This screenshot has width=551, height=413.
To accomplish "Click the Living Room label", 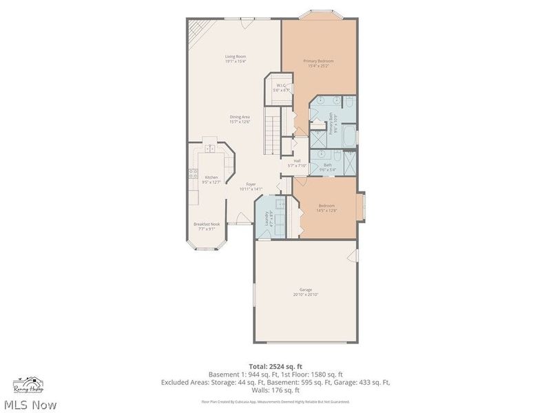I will [236, 56].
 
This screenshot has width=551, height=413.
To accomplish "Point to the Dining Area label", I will [240, 117].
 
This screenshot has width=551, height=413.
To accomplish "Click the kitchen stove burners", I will [191, 173].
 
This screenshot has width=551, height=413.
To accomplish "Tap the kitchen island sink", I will [209, 147].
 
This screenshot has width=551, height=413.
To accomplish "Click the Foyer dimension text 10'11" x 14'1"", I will [251, 189].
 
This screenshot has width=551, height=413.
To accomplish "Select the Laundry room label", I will [269, 218].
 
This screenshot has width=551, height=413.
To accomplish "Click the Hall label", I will [297, 161].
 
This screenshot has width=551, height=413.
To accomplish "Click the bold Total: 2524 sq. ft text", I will [275, 366].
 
